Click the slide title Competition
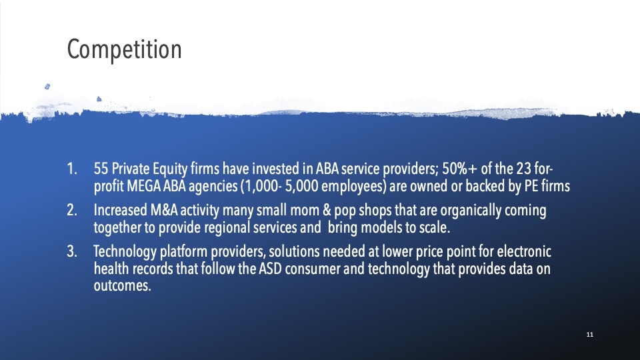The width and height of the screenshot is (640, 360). (x=124, y=49)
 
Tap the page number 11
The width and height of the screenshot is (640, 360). (x=589, y=334)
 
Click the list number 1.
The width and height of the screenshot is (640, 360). (x=72, y=169)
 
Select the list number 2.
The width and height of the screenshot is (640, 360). (x=72, y=210)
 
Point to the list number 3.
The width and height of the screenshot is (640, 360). (x=72, y=251)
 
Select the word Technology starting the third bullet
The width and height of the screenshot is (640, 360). (x=125, y=252)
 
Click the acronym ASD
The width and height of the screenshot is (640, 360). (x=270, y=269)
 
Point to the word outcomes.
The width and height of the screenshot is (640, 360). (x=123, y=286)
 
